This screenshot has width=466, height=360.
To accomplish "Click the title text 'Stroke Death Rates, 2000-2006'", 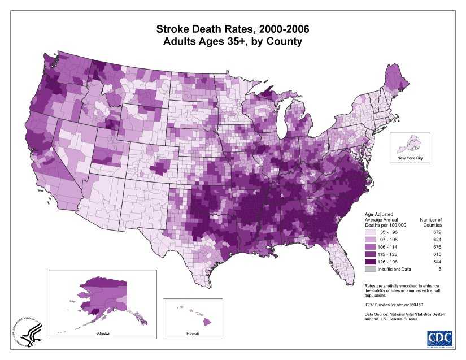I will coord(233,29).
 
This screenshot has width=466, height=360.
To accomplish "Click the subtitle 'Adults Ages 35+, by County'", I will coord(233,42).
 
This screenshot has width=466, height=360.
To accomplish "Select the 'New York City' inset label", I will coord(410,158).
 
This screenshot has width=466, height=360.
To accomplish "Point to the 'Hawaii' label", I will coord(192,335).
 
